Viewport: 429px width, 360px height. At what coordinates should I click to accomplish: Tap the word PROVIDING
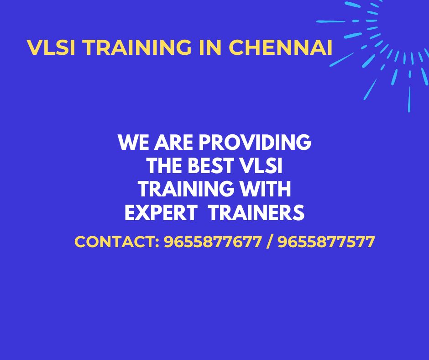pos(255,143)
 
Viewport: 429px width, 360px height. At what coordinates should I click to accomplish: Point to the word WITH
pos(267,190)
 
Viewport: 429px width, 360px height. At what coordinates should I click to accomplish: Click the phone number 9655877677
pos(213,242)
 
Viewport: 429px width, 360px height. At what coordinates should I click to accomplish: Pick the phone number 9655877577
pos(326,242)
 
